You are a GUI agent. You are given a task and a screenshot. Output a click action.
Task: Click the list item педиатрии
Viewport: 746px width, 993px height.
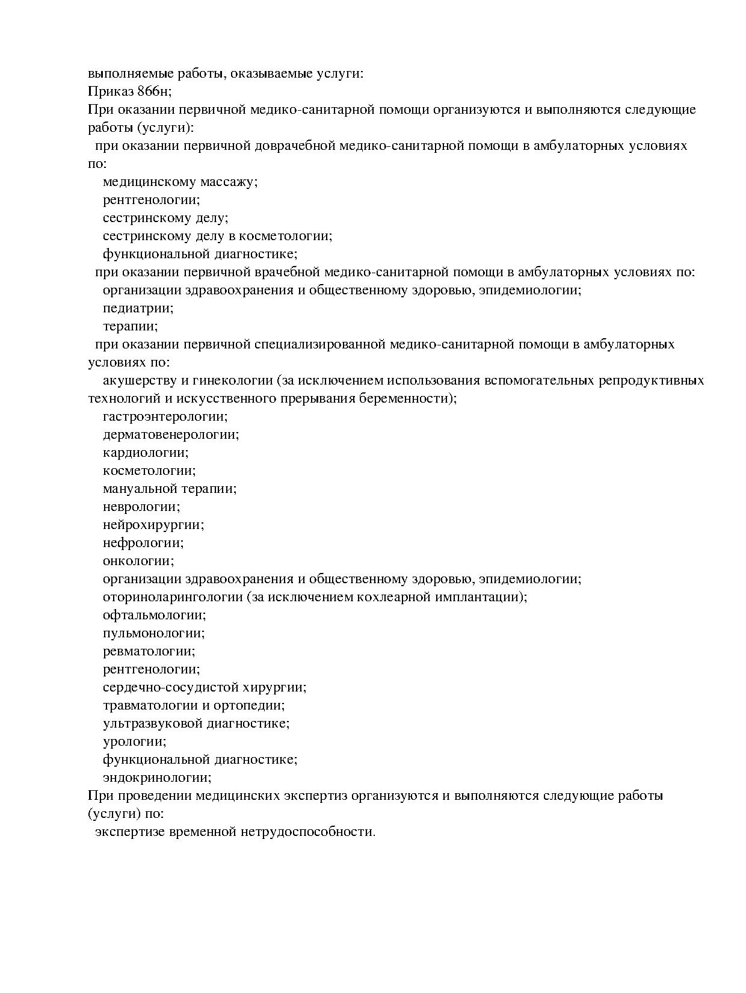pos(138,308)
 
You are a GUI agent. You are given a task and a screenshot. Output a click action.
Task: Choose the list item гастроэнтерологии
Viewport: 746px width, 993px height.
pos(165,416)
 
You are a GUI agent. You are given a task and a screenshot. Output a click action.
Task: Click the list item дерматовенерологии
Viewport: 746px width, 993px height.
pos(170,435)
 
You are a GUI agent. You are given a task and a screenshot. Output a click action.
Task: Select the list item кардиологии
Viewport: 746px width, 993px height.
pos(145,453)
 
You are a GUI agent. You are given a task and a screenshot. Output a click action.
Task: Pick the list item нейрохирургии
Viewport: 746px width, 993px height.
pos(153,525)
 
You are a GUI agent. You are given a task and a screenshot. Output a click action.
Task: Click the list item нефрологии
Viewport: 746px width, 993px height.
pos(143,543)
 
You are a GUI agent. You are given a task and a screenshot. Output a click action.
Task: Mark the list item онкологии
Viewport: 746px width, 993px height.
pos(138,561)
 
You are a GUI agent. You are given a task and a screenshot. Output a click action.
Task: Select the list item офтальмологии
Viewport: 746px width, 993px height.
pos(154,615)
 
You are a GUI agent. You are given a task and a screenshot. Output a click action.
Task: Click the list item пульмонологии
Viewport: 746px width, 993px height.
pos(153,633)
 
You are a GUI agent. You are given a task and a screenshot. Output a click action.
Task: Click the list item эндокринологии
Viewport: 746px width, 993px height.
pos(156,778)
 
